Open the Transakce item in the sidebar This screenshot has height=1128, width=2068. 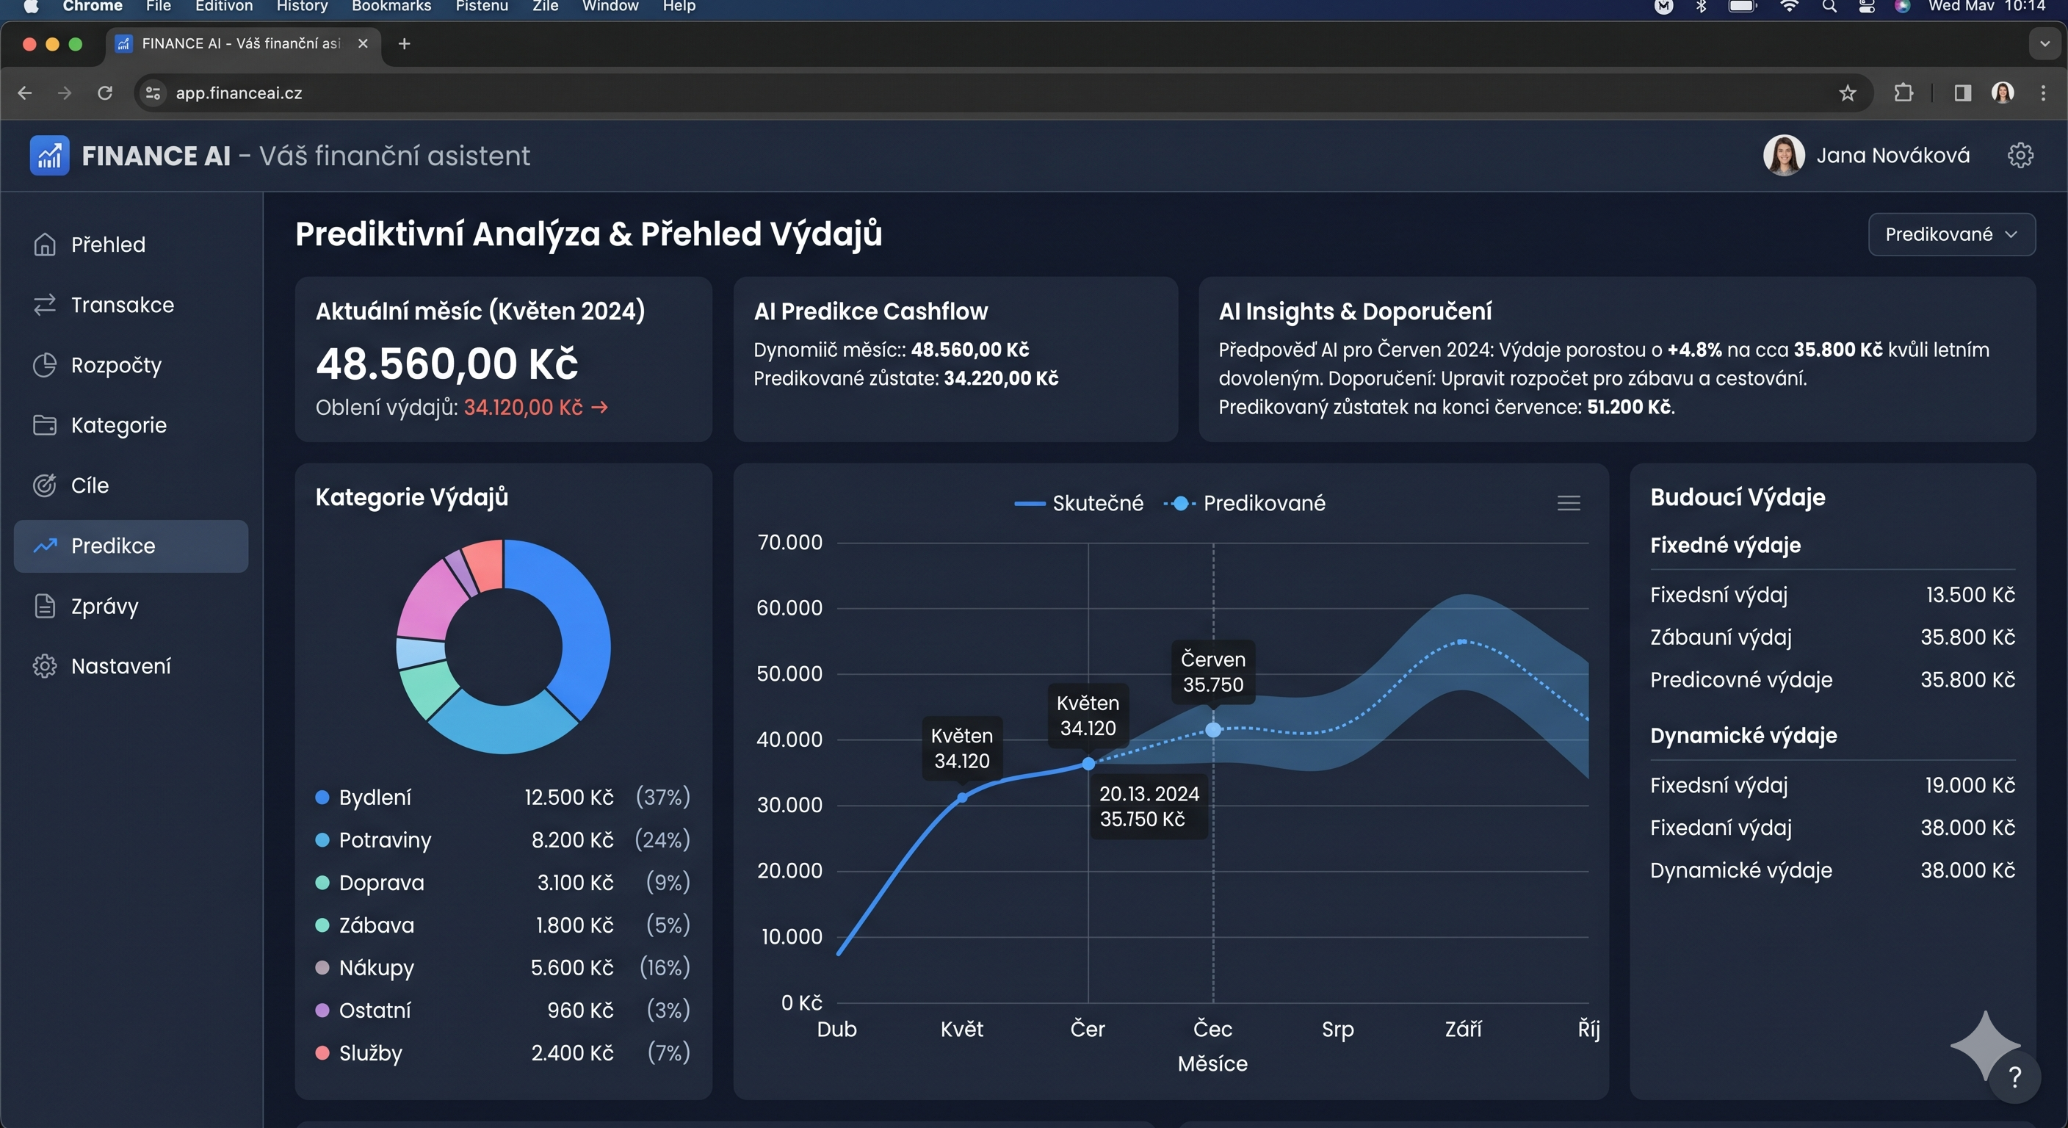(122, 305)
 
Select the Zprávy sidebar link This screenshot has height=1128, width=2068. (104, 606)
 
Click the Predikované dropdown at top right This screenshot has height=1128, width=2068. (1950, 234)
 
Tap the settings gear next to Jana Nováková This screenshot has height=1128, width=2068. (2020, 155)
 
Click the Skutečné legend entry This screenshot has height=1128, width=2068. (1080, 503)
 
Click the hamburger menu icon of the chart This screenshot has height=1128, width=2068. (1568, 503)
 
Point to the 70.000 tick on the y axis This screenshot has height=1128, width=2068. (789, 543)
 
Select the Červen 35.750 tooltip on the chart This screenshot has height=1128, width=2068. (1212, 672)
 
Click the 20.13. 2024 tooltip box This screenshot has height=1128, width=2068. (1148, 806)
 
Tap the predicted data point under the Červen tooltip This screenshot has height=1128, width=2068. (1213, 730)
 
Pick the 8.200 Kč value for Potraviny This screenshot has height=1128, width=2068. (571, 840)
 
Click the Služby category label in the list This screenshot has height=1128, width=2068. (370, 1052)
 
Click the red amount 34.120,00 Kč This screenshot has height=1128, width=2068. (523, 408)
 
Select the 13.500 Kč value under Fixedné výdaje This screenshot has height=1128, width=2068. (1970, 595)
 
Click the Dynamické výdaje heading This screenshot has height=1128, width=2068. (1743, 735)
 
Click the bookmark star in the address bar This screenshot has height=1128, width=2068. (1847, 93)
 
